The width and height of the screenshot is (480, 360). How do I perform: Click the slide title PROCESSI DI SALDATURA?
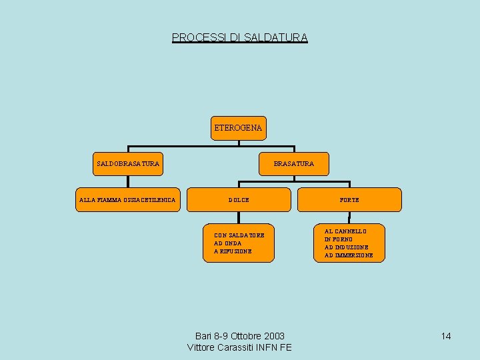click(240, 38)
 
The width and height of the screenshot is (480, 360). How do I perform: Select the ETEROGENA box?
click(238, 127)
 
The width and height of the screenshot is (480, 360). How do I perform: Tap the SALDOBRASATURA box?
click(128, 163)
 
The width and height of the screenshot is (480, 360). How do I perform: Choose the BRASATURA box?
click(293, 163)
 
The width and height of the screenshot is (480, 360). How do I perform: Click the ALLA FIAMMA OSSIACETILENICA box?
click(127, 200)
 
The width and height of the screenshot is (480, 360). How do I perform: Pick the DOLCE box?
click(239, 200)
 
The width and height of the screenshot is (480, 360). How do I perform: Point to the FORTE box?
click(349, 200)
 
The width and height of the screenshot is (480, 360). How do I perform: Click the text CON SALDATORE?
click(239, 235)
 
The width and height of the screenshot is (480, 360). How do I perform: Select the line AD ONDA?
click(227, 243)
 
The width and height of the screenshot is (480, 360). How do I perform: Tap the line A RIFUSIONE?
click(233, 251)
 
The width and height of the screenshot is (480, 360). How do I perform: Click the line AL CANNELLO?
click(345, 231)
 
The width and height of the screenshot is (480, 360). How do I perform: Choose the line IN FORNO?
click(339, 239)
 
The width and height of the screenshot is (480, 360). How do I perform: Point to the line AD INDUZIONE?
click(346, 247)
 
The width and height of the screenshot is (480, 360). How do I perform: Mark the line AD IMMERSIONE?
click(349, 255)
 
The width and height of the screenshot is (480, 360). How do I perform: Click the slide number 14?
click(446, 336)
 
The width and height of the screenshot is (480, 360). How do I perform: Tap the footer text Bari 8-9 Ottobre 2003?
click(240, 336)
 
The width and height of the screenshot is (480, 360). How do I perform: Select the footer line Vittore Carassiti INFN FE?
click(240, 347)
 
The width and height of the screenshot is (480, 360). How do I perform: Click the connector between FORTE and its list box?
click(349, 217)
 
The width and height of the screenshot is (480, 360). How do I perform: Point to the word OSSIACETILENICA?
click(149, 200)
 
